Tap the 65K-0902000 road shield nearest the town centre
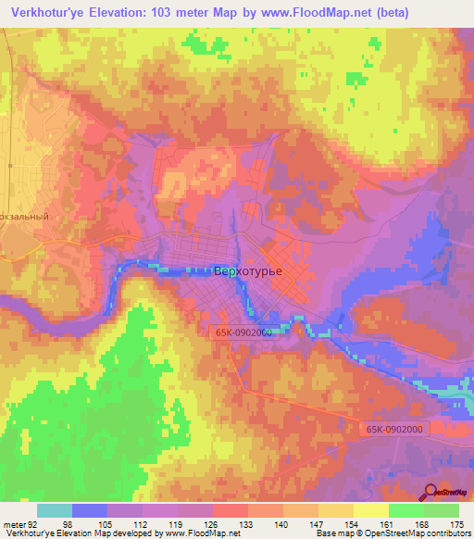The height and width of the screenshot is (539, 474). pyautogui.click(x=239, y=331)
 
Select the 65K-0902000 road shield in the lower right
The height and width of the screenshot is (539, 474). pyautogui.click(x=393, y=429)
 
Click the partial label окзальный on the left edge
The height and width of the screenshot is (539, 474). pyautogui.click(x=24, y=215)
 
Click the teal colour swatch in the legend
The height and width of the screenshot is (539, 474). pyautogui.click(x=55, y=510)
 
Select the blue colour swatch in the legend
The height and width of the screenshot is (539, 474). pyautogui.click(x=90, y=510)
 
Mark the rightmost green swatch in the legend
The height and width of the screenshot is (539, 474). pyautogui.click(x=442, y=510)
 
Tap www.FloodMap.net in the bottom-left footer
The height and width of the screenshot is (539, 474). pyautogui.click(x=197, y=533)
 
